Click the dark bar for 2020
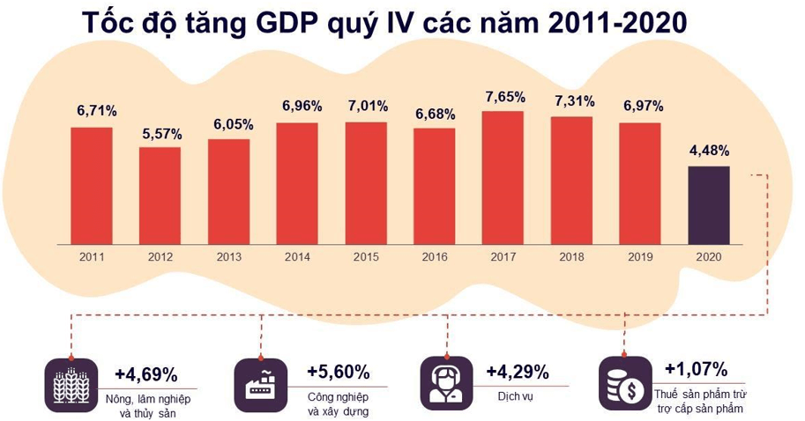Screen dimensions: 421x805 point(708,204)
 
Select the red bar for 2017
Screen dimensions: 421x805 point(503,177)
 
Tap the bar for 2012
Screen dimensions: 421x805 point(160,195)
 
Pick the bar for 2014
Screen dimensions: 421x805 point(297,182)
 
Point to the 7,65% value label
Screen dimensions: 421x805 point(504,96)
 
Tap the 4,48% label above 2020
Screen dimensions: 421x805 point(708,151)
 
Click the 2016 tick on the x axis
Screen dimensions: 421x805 point(434,257)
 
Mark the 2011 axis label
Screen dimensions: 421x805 point(92,257)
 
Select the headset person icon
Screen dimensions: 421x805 point(445,382)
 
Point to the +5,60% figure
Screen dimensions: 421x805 point(338,372)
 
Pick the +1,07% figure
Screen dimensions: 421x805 point(695,368)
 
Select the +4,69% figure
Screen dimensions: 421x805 point(145,373)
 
